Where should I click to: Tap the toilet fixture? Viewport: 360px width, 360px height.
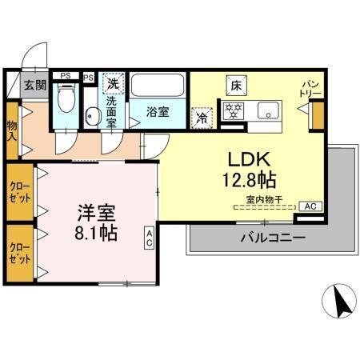pos(66,102)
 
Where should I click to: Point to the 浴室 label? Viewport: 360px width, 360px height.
pos(158,114)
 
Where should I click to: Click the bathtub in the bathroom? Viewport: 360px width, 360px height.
pos(158,86)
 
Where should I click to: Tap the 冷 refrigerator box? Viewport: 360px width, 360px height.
pos(202,115)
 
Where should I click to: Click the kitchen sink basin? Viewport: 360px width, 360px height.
pos(266,110)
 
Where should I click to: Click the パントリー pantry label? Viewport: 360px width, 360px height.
pos(310,88)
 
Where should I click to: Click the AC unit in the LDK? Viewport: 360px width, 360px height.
pos(311,206)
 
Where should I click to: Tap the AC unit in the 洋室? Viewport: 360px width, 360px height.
pos(150,237)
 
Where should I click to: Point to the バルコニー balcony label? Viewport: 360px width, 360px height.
pos(272,238)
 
